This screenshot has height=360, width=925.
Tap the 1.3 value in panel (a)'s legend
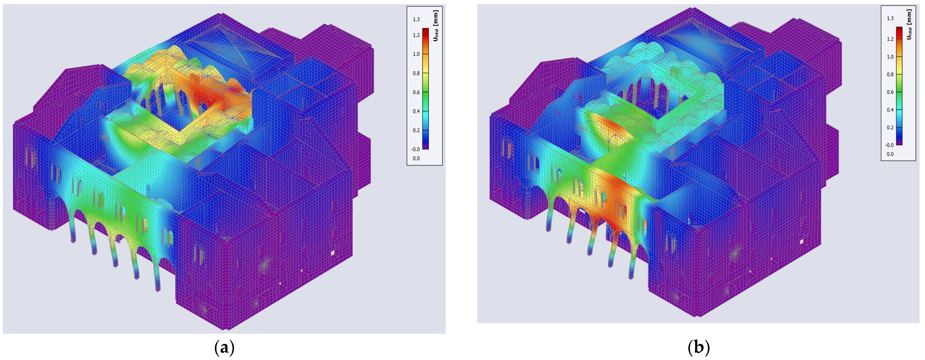pyautogui.click(x=416, y=19)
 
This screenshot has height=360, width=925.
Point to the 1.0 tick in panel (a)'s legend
pyautogui.click(x=416, y=54)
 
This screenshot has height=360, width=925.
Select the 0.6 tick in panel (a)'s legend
pyautogui.click(x=416, y=92)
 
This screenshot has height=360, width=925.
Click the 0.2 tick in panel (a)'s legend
pyautogui.click(x=416, y=130)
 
